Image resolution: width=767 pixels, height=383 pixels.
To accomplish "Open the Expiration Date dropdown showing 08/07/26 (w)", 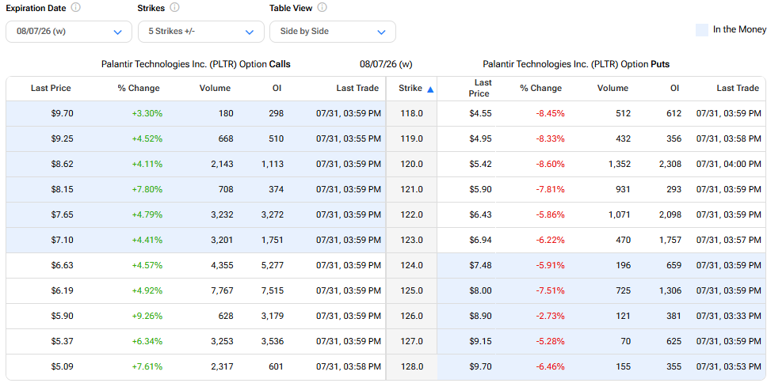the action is (69, 32).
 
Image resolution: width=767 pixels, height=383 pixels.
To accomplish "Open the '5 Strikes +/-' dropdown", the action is (201, 32).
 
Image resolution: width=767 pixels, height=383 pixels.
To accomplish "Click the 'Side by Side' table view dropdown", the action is (333, 32).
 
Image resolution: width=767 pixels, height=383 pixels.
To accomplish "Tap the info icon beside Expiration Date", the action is (76, 8).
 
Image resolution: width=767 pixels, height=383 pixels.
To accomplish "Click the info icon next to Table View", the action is (322, 8).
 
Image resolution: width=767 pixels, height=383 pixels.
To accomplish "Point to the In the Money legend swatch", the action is (702, 30).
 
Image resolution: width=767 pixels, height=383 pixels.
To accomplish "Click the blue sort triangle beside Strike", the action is (430, 89).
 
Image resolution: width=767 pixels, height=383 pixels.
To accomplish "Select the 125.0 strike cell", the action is (412, 290).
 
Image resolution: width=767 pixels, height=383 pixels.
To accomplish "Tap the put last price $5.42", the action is (479, 164).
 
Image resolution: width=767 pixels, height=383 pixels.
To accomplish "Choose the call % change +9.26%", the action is (147, 316).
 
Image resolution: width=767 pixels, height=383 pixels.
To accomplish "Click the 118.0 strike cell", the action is (412, 113).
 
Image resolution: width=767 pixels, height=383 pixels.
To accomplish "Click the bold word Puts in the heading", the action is (660, 64).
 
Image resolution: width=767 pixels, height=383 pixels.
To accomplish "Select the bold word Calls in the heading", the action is (280, 64).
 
